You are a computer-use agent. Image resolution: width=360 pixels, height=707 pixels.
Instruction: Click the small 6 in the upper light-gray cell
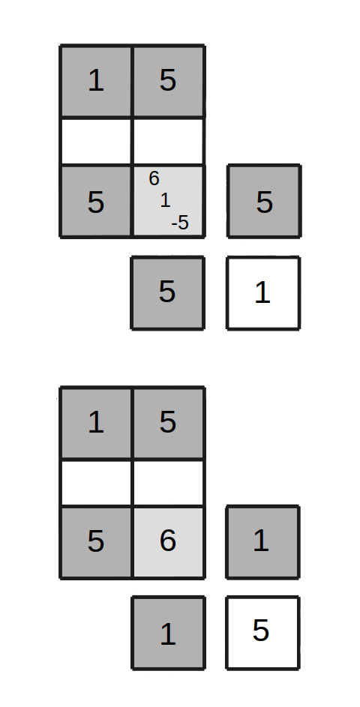[x=154, y=179]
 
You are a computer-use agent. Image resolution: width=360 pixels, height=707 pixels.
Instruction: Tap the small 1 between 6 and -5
[x=166, y=200]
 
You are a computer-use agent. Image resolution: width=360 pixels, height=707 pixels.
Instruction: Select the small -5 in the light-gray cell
[x=180, y=223]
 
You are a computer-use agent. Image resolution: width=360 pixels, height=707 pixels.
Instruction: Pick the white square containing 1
[x=263, y=293]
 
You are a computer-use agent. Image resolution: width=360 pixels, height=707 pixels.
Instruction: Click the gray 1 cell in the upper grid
[x=96, y=81]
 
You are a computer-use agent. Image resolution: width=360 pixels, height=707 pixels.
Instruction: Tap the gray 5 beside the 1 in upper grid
[x=168, y=81]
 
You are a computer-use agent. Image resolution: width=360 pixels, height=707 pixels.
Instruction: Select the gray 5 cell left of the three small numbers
[x=96, y=201]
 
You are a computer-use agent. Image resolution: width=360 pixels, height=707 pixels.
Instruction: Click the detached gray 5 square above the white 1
[x=264, y=201]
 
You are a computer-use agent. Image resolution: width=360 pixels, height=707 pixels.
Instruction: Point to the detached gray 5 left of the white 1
[x=167, y=293]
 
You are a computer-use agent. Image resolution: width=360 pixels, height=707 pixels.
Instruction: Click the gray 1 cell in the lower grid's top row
[x=96, y=423]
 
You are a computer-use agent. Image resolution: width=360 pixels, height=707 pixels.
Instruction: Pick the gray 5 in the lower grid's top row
[x=168, y=423]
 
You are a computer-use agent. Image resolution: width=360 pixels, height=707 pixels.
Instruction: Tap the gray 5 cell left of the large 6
[x=96, y=542]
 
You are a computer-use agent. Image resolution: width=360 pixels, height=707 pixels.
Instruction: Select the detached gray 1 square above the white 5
[x=263, y=542]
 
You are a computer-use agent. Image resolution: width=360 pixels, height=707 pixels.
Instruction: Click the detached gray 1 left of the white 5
[x=168, y=633]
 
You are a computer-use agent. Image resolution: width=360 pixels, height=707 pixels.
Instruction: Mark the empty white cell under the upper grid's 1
[x=96, y=141]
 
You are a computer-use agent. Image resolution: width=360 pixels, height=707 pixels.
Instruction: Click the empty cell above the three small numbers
[x=168, y=141]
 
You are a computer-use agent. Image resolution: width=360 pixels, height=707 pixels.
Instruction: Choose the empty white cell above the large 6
[x=168, y=483]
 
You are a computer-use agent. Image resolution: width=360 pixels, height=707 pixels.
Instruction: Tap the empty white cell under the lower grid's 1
[x=96, y=483]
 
